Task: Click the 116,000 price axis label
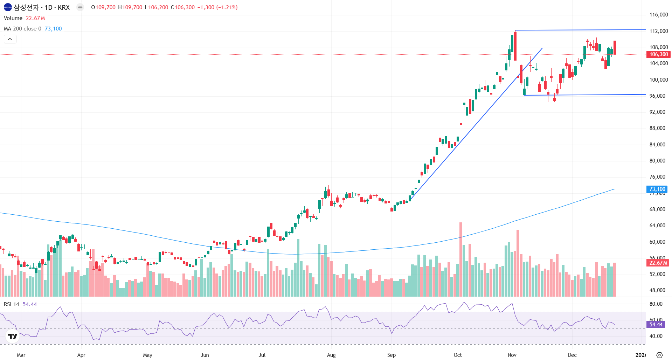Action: [x=658, y=15]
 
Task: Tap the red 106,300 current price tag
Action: [x=658, y=54]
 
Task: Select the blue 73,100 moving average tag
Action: [x=657, y=189]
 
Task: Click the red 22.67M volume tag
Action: [x=658, y=263]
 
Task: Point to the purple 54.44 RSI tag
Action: [x=656, y=325]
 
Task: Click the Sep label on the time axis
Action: [x=391, y=355]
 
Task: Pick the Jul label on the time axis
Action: [x=262, y=355]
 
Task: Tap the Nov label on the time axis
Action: [x=512, y=355]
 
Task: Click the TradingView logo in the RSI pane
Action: [x=13, y=336]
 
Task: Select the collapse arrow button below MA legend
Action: [x=10, y=39]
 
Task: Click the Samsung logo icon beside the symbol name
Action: [x=8, y=7]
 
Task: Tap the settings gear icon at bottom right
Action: [x=659, y=355]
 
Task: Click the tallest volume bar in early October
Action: [x=461, y=259]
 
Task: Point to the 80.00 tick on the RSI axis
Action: [x=656, y=304]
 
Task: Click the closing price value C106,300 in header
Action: [x=183, y=7]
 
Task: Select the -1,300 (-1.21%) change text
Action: [x=217, y=7]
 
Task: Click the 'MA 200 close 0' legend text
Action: [x=22, y=29]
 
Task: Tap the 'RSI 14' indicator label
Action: [x=12, y=304]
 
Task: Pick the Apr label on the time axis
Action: [x=81, y=355]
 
